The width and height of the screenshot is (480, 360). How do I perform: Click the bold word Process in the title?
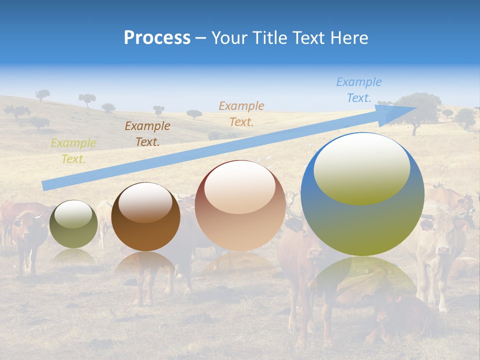tap(157, 38)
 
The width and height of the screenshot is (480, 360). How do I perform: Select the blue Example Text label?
tap(358, 90)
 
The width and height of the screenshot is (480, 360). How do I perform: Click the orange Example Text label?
tap(241, 113)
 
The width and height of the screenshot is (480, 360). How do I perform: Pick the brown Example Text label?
tap(147, 133)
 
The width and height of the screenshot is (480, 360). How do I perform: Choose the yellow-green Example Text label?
tap(73, 151)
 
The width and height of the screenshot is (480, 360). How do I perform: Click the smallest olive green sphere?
tap(73, 224)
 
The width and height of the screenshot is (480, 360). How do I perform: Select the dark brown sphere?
tap(145, 217)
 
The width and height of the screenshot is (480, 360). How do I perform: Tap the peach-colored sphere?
tap(240, 205)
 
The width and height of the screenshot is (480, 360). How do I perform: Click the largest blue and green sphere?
tap(362, 194)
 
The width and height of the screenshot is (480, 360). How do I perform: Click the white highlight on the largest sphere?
tap(361, 168)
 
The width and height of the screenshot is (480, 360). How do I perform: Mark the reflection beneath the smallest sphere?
tap(73, 256)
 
